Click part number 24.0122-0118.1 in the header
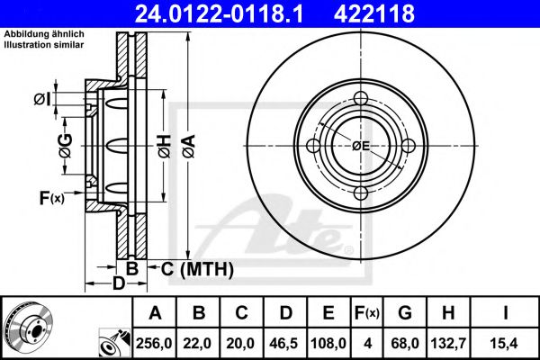[219, 13]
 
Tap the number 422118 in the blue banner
[374, 13]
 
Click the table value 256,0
[154, 343]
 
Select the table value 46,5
[283, 343]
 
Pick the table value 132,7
[448, 343]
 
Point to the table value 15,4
[505, 343]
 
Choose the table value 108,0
[328, 343]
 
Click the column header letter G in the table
[405, 313]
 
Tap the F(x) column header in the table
[367, 313]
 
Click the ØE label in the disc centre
[361, 146]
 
